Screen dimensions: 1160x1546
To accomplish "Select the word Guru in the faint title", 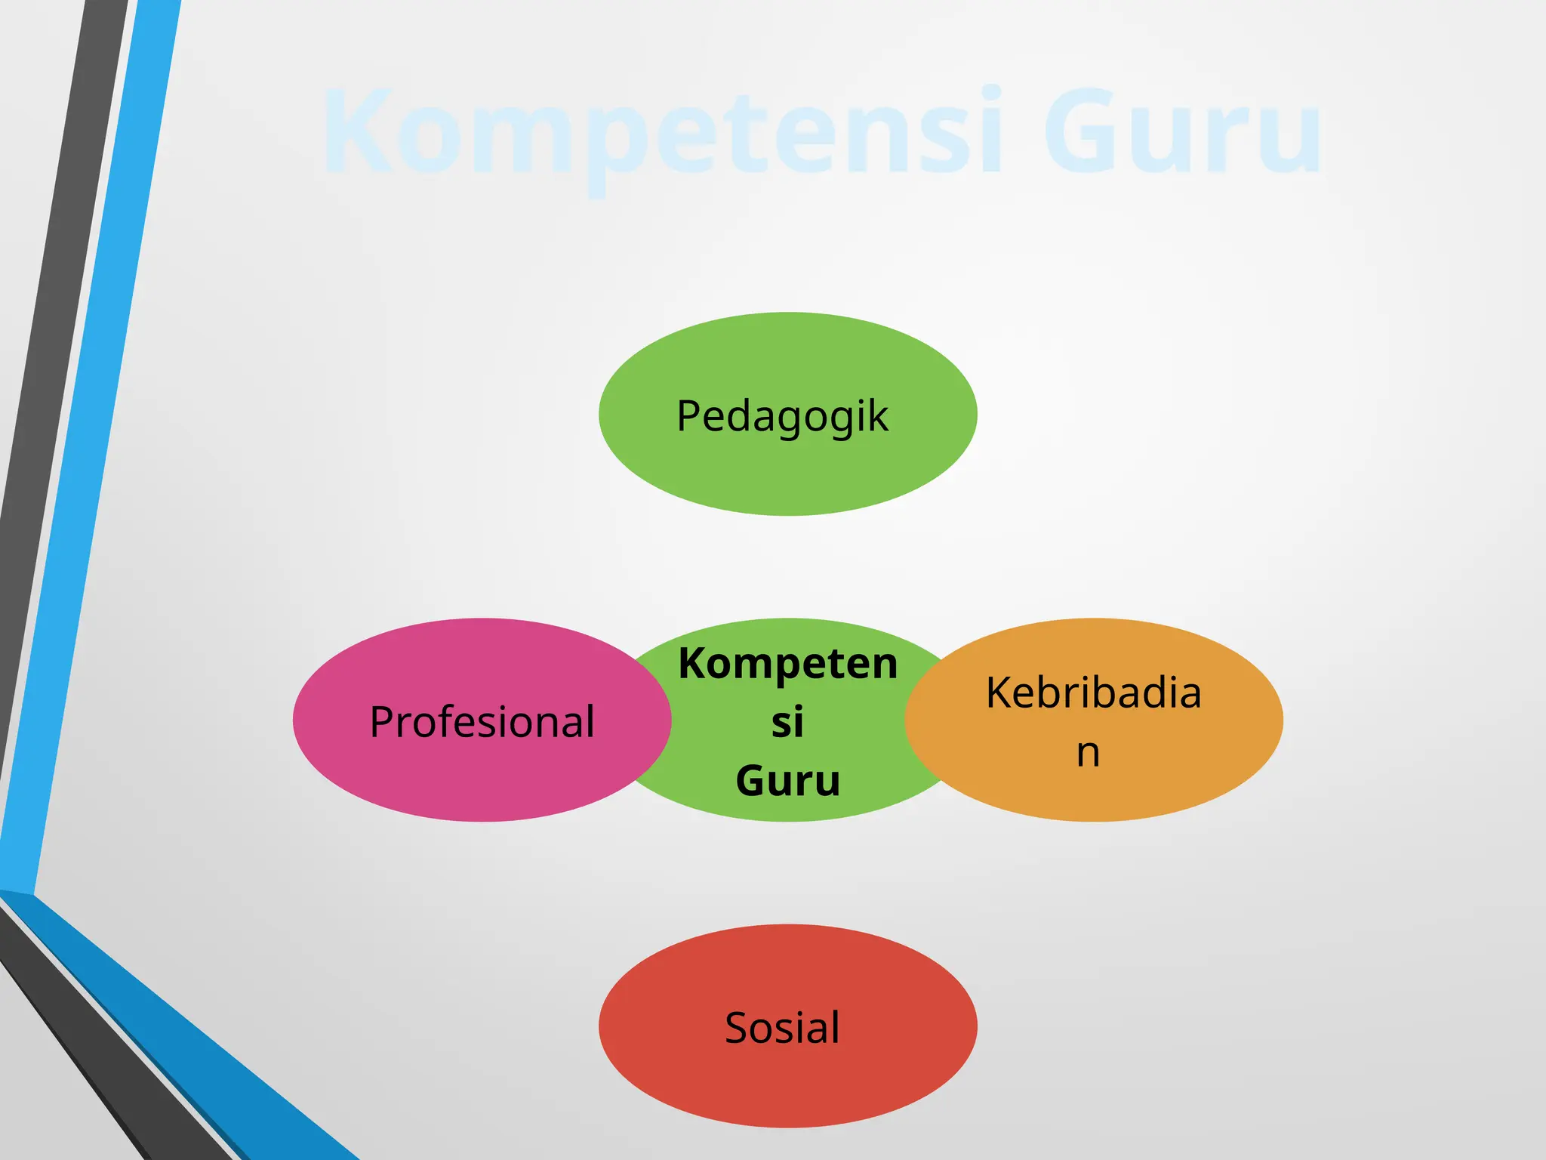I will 1182,132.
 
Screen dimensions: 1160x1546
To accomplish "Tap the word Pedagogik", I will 782,416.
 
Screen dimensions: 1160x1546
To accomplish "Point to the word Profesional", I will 482,722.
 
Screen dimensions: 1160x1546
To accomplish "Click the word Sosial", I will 782,1028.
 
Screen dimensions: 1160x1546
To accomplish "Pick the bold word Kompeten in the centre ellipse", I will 787,664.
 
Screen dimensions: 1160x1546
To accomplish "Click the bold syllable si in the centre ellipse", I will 787,722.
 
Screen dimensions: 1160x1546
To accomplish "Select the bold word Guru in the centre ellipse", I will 787,780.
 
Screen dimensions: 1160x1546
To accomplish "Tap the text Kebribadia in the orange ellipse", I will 1093,693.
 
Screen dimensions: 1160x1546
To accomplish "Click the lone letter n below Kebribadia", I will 1088,752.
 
